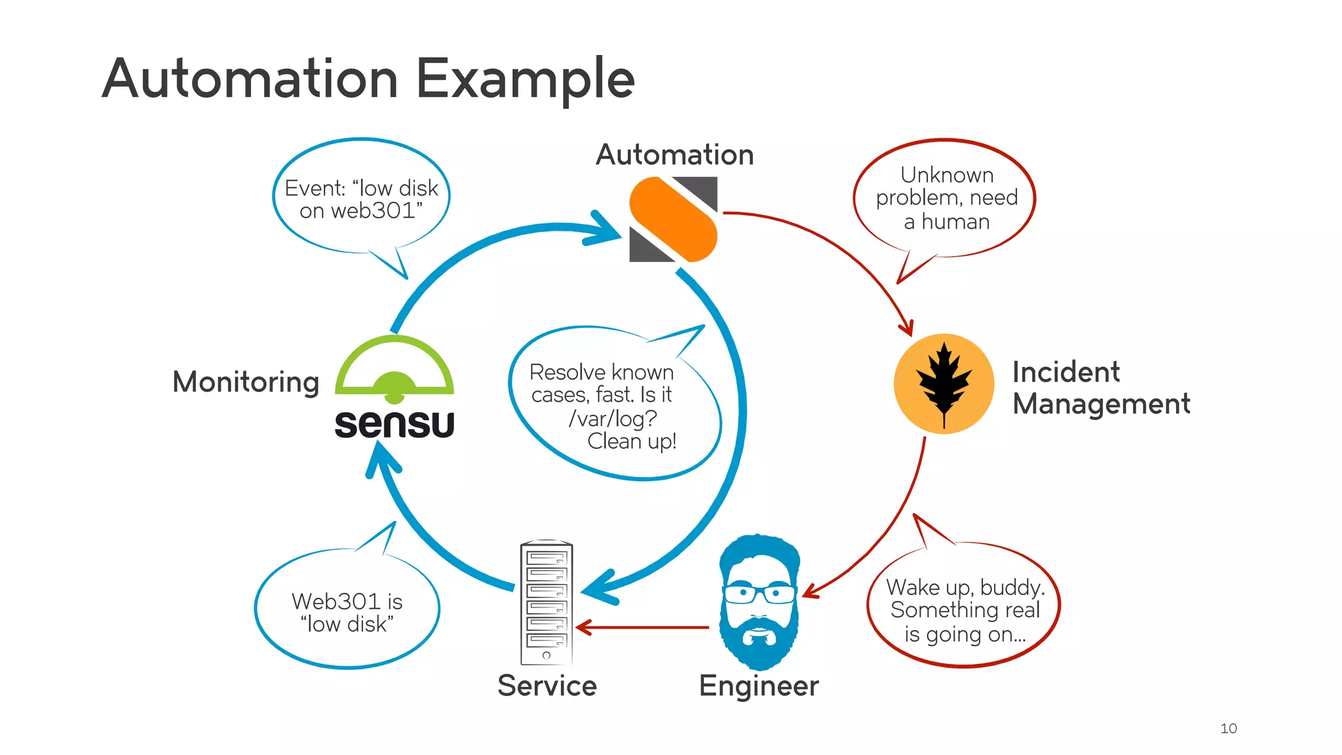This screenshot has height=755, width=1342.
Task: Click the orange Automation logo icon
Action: tap(673, 220)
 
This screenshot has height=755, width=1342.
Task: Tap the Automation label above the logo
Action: tap(674, 155)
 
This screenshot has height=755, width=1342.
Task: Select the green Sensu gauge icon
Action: tap(394, 367)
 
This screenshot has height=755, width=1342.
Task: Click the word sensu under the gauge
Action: tap(394, 424)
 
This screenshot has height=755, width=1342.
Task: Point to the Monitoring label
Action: tap(246, 381)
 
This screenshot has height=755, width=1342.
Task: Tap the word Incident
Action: tap(1065, 372)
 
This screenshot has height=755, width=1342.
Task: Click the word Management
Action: tap(1101, 404)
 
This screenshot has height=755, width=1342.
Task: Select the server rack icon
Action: tap(546, 602)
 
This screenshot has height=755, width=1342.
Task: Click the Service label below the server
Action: tap(546, 686)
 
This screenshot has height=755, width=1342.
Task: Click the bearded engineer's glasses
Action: tap(759, 594)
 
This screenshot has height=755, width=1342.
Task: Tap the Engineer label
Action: tap(758, 686)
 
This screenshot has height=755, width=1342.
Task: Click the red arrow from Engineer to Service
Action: tap(642, 627)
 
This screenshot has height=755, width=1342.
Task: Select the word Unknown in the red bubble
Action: tap(946, 175)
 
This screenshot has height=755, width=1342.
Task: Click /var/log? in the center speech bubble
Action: tap(612, 418)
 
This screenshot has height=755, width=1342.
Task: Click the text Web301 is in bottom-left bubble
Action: tap(347, 601)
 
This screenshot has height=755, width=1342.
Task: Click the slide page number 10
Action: tap(1228, 728)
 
